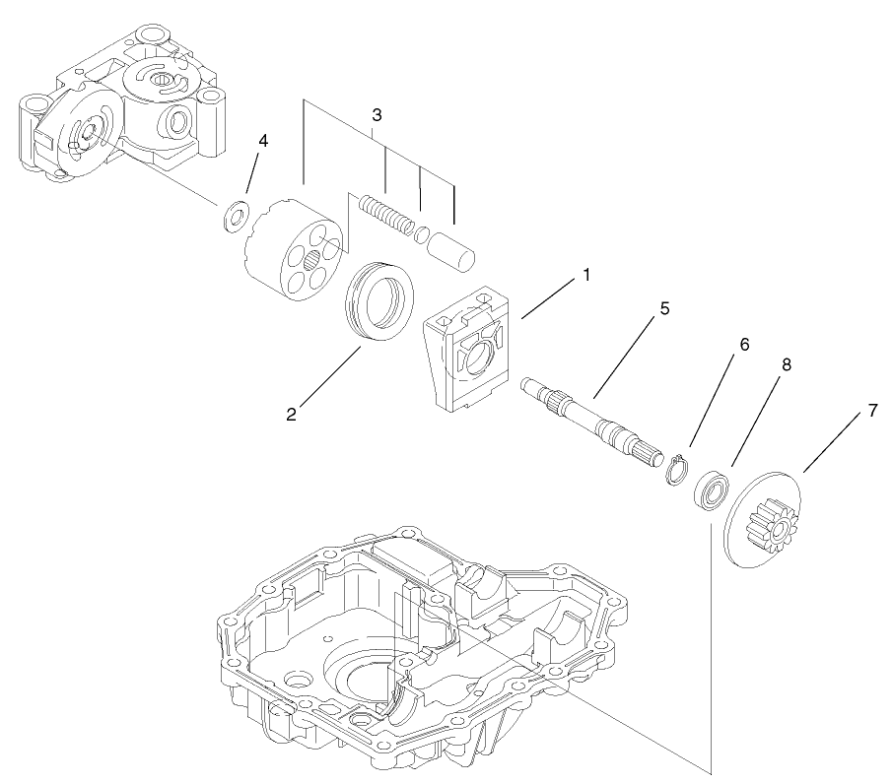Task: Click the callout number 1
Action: (585, 275)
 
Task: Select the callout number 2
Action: (291, 415)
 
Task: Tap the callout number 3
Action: (377, 114)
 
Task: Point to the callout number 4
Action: (262, 141)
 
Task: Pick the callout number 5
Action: (664, 309)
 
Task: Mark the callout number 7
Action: (871, 411)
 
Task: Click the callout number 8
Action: (786, 364)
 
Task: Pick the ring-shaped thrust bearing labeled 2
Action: (379, 299)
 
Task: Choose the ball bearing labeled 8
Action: (710, 491)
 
